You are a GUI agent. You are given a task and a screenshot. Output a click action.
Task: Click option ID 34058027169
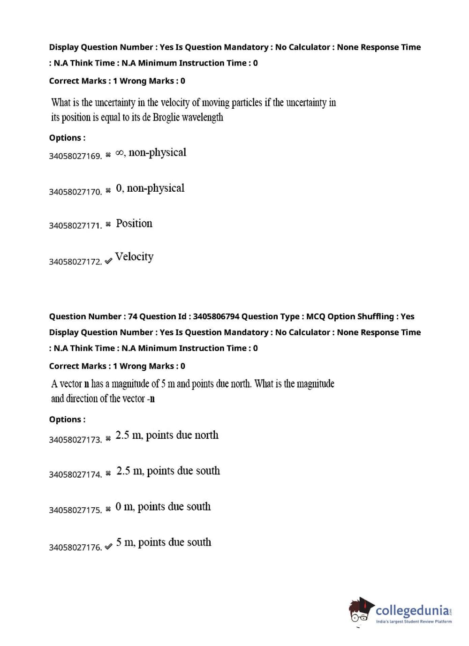coord(75,156)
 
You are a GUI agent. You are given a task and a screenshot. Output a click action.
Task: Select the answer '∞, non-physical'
coord(151,153)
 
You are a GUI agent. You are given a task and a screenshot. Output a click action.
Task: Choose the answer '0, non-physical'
coord(150,188)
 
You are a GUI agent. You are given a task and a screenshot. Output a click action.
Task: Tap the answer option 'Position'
coord(134,224)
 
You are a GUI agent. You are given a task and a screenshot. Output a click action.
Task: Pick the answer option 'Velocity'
coord(134,257)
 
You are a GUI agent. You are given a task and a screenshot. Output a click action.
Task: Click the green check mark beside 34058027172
coord(108,261)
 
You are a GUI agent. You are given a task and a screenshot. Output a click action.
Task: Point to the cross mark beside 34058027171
coord(108,224)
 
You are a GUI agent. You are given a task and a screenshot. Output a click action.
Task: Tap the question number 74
coord(133,316)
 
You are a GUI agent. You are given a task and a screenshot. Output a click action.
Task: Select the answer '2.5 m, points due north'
coord(167,436)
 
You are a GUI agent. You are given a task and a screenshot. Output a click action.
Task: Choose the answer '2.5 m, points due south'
coord(168,471)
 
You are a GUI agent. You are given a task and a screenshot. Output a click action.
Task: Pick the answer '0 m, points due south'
coord(163,507)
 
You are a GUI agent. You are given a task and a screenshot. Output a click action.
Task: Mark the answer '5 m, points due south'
coord(164,542)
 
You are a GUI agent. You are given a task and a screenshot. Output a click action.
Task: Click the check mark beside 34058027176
coord(108,546)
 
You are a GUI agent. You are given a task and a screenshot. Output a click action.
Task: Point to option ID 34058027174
coord(75,474)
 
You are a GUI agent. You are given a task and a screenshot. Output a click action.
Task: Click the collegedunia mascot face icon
coord(360,611)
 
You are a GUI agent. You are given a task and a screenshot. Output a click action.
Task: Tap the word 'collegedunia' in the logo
coord(412,610)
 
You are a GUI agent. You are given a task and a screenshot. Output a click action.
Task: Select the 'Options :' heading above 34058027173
coord(67,420)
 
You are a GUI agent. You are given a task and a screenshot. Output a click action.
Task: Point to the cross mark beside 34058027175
coord(108,509)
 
